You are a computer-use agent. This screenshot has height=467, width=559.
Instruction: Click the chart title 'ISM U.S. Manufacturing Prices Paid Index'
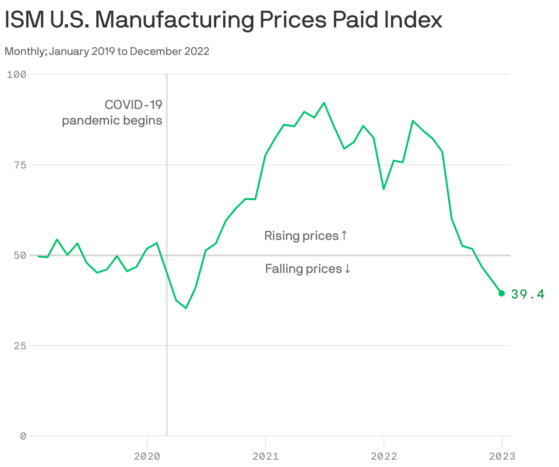pyautogui.click(x=223, y=20)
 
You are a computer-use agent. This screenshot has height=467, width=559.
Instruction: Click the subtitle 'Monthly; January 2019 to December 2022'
pyautogui.click(x=107, y=51)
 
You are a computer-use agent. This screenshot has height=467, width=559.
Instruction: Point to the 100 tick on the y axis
pyautogui.click(x=16, y=74)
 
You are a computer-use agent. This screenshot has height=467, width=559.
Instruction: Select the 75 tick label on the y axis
pyautogui.click(x=19, y=165)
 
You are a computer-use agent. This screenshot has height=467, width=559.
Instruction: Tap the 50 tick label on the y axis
pyautogui.click(x=19, y=255)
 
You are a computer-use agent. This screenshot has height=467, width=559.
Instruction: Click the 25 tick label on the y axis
pyautogui.click(x=19, y=346)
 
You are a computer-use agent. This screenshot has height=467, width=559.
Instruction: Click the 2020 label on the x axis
pyautogui.click(x=147, y=456)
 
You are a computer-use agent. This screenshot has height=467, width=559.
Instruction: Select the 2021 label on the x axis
pyautogui.click(x=265, y=456)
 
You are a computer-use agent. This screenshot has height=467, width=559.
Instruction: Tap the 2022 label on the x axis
pyautogui.click(x=384, y=456)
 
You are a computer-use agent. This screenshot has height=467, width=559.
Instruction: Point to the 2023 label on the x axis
pyautogui.click(x=502, y=456)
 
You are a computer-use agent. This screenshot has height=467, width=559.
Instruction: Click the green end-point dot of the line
pyautogui.click(x=502, y=293)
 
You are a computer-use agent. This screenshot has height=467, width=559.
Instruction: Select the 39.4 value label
pyautogui.click(x=528, y=294)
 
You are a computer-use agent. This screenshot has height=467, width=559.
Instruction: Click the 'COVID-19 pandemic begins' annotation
pyautogui.click(x=112, y=113)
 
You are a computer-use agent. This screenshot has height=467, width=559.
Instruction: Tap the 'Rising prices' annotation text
pyautogui.click(x=301, y=236)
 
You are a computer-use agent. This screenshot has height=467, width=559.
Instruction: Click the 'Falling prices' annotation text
pyautogui.click(x=303, y=269)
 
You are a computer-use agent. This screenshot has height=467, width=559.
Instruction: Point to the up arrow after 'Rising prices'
pyautogui.click(x=345, y=236)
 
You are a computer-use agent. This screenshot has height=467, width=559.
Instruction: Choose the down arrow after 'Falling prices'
pyautogui.click(x=347, y=269)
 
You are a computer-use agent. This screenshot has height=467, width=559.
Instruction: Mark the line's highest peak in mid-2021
pyautogui.click(x=324, y=103)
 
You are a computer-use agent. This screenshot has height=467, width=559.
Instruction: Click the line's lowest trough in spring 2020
pyautogui.click(x=186, y=308)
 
